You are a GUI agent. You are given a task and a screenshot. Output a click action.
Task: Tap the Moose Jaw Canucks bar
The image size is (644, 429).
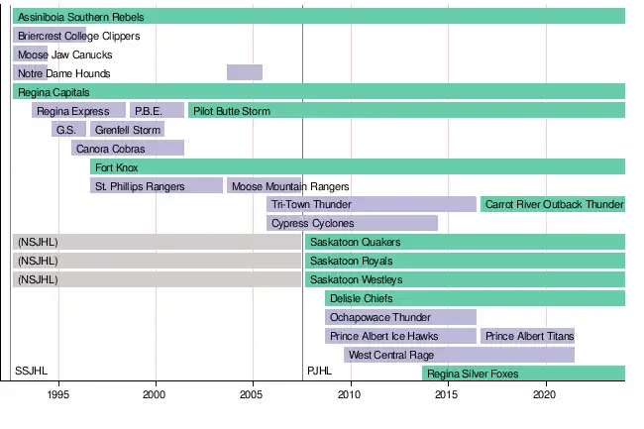(x=30, y=54)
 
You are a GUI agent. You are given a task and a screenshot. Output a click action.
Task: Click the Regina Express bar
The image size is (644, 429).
(x=78, y=111)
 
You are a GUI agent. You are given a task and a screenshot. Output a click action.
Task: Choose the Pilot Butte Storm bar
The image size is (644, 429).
(x=406, y=111)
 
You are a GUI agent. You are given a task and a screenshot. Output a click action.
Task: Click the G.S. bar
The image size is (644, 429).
(x=68, y=130)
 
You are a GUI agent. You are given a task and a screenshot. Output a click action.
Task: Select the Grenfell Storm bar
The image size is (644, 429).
(x=127, y=130)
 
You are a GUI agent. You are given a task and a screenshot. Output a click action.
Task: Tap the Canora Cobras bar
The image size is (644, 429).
(x=127, y=149)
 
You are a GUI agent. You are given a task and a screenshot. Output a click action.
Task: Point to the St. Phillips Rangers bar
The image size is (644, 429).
(x=156, y=185)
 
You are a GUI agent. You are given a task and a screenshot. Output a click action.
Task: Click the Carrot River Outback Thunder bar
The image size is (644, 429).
(x=552, y=204)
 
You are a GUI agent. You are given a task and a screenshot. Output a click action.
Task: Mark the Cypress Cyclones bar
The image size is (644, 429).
(x=352, y=223)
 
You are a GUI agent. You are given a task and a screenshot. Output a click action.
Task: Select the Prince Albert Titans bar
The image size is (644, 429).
(x=528, y=336)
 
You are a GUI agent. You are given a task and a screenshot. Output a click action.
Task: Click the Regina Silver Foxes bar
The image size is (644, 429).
(x=523, y=374)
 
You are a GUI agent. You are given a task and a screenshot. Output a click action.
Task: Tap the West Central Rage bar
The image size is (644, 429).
(x=459, y=355)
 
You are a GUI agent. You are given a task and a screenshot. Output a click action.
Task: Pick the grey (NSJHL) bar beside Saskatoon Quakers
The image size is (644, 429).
(x=157, y=242)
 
